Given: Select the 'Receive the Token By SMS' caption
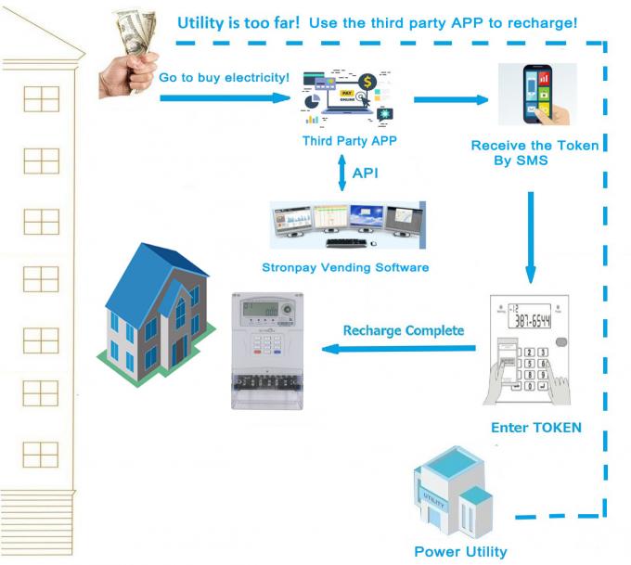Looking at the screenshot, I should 534,152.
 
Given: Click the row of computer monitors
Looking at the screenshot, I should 345,225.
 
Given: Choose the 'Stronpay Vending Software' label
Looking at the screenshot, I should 345,267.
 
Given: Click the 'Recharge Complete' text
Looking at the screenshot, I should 403,329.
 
